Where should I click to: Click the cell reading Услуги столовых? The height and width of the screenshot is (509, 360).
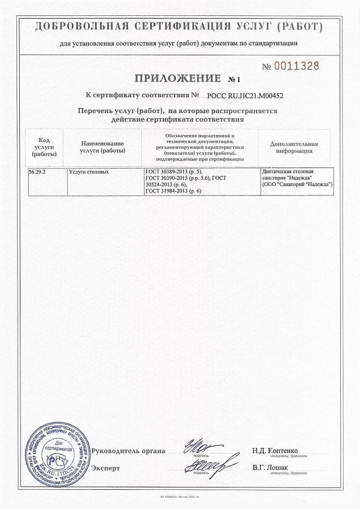[x=89, y=171]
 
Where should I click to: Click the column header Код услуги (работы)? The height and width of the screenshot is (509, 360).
[x=44, y=146]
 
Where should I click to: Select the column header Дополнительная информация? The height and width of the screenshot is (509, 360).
[x=294, y=147]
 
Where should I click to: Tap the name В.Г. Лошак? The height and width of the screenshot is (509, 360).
[x=270, y=468]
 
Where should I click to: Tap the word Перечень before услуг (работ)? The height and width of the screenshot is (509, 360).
[x=99, y=111]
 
